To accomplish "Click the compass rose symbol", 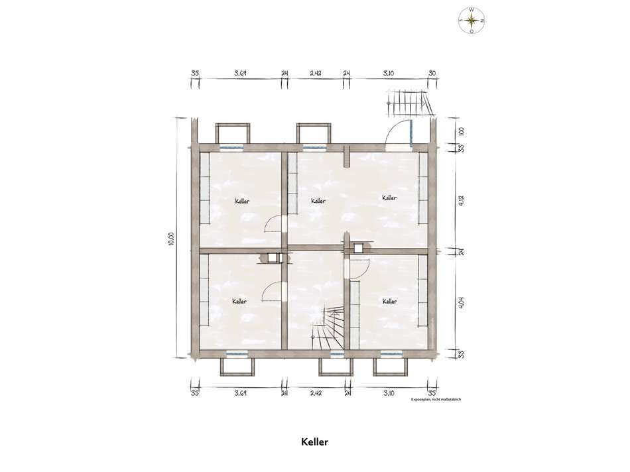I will [x=471, y=21].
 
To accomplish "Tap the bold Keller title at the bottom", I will [x=315, y=442].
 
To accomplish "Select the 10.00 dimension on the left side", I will [x=170, y=239].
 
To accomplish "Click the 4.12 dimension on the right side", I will [x=461, y=198].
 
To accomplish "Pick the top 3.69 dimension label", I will [x=241, y=74].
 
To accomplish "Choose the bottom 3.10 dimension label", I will [x=389, y=393].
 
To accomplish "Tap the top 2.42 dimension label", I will [x=316, y=74].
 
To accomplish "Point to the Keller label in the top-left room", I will [x=242, y=200].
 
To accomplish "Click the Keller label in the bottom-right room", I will [x=390, y=302].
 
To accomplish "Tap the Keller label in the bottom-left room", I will [x=240, y=302].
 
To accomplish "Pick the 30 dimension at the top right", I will [x=432, y=74].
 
